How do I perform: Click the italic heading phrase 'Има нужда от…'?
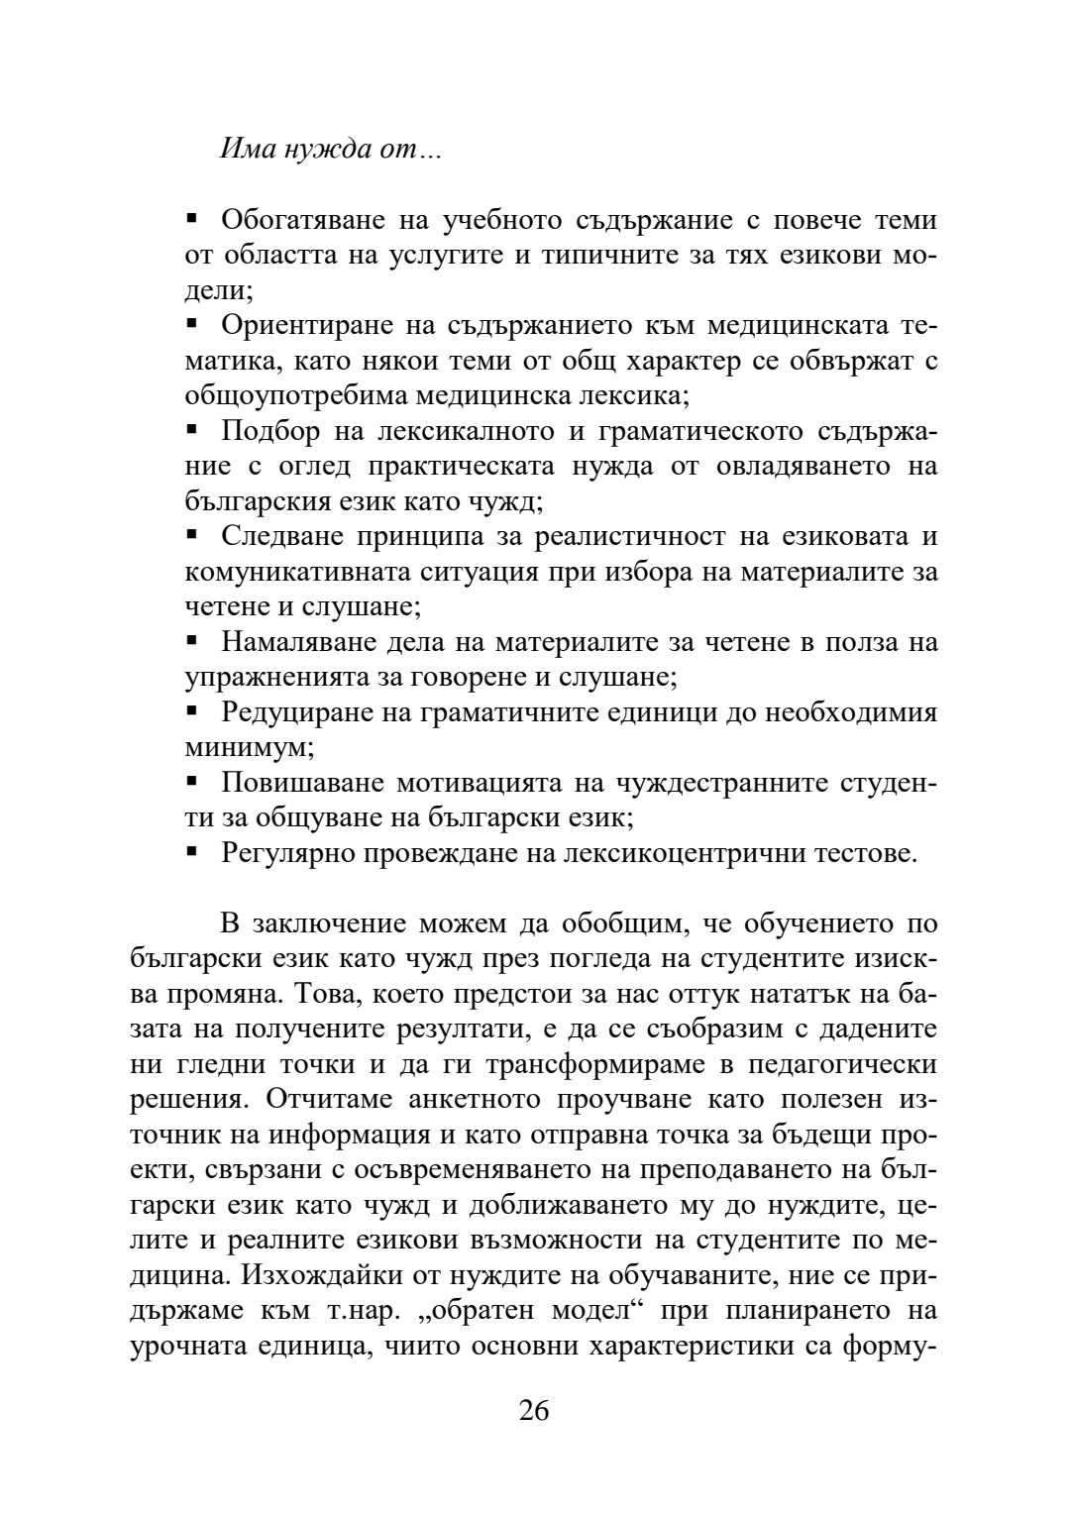[x=330, y=151]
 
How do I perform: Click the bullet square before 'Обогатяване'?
[x=192, y=217]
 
